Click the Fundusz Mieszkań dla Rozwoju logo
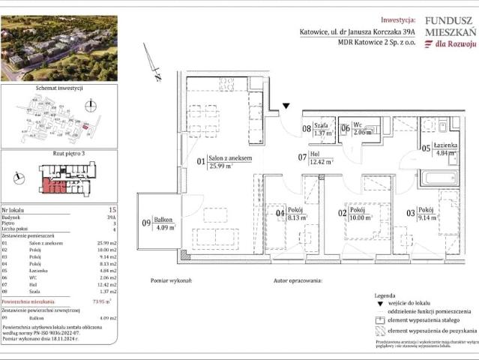450,34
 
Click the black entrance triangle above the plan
286,106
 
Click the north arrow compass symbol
156,69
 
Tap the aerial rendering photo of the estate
58,49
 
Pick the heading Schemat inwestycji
58,88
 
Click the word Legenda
385,297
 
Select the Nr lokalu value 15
112,211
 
